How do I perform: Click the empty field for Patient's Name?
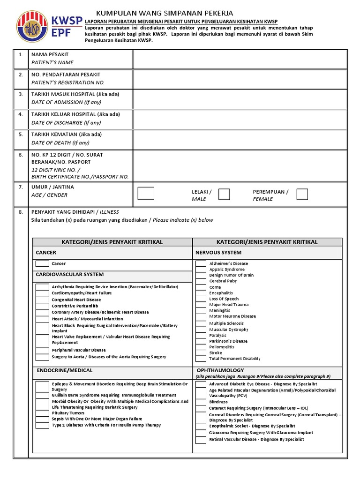tap(240, 59)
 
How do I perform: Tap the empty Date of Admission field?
tap(240, 98)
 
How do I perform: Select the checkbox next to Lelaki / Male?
tap(224, 194)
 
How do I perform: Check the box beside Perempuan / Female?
tap(302, 194)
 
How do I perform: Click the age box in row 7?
tap(146, 194)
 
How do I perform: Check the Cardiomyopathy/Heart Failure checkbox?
tap(43, 293)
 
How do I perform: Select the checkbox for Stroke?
tap(201, 352)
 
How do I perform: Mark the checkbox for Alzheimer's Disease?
tap(201, 263)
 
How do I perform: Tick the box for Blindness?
tap(201, 402)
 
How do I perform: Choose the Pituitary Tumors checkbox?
tap(43, 413)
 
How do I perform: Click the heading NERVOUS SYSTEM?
tap(218, 253)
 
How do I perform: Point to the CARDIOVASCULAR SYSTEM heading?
tap(70, 274)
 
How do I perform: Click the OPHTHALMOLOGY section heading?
tap(219, 370)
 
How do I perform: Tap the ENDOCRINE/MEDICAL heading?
tap(65, 370)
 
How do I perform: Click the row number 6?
tap(21, 155)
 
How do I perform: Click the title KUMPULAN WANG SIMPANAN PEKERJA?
tap(164, 13)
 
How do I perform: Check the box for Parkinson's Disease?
tap(201, 341)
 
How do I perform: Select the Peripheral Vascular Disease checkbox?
tap(43, 350)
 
